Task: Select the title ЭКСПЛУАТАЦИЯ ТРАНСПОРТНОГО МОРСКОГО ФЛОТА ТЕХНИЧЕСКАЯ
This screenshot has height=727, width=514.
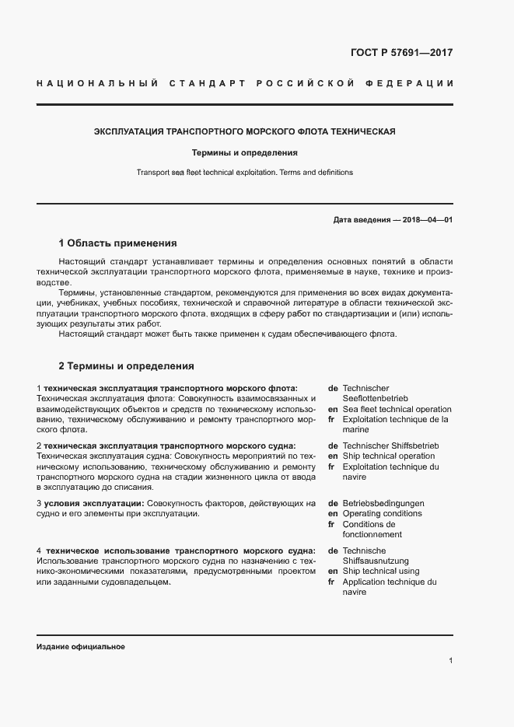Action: coord(245,131)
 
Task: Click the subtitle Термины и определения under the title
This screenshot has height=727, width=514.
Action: coord(245,153)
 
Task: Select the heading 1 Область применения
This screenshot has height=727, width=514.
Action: coord(117,243)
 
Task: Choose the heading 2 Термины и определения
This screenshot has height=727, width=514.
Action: coord(126,365)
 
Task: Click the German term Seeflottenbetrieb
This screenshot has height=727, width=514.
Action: coord(376,398)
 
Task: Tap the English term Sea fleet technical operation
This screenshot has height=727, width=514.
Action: coord(397,409)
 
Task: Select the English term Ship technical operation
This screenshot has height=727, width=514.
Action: coord(388,456)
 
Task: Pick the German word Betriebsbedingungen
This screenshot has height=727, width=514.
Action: coord(383,503)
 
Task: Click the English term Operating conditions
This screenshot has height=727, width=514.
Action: coord(382,514)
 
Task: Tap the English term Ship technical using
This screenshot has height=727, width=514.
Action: coord(380,571)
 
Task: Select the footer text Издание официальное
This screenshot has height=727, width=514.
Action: coord(81,647)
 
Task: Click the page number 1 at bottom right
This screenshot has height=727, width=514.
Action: coord(450,661)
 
